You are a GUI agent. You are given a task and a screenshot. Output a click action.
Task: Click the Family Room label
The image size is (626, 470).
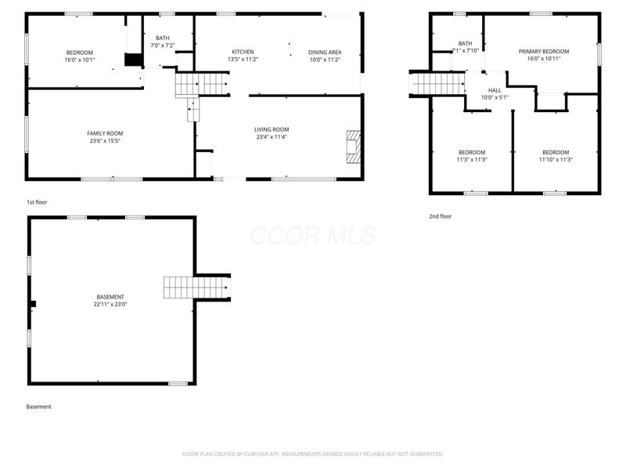[105, 133]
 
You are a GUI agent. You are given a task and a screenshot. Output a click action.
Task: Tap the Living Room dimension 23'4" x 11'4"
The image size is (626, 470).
[272, 137]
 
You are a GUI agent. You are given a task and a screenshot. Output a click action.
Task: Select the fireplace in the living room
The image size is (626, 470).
[354, 147]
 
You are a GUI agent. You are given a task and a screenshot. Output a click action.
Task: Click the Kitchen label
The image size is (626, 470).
[243, 52]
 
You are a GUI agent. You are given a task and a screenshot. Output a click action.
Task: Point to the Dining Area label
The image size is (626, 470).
[325, 52]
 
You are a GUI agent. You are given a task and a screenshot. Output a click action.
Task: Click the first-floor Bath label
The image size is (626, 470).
[162, 38]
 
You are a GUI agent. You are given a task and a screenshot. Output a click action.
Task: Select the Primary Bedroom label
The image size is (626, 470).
[544, 52]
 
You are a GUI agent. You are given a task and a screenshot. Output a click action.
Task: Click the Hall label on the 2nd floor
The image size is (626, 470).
[495, 90]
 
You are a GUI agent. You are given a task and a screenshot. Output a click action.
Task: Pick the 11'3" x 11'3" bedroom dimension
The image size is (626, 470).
[472, 160]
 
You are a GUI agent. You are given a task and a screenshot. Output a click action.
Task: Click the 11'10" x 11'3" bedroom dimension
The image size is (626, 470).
[556, 160]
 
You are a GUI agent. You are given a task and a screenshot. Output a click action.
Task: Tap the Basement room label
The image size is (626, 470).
[110, 297]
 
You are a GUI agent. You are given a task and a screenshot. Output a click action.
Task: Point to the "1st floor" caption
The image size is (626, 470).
[37, 202]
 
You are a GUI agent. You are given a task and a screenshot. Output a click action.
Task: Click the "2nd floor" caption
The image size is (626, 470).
[440, 216]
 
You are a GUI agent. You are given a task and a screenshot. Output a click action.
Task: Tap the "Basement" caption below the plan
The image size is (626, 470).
[38, 407]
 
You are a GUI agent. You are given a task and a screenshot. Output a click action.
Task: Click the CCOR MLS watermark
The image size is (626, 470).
[313, 236]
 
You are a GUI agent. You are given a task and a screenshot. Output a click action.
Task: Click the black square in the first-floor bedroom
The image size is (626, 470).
[133, 60]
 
